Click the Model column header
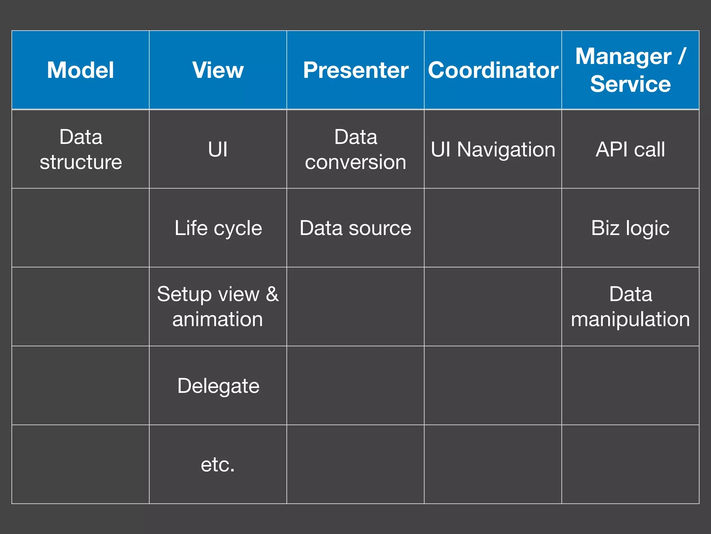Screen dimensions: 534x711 81,70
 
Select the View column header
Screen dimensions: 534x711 218,70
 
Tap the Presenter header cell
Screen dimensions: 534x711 355,70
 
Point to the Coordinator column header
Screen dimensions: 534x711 493,70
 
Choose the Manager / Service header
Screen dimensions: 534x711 630,70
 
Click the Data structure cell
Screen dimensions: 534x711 81,149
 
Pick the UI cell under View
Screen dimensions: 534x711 218,149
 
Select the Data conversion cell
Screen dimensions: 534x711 355,149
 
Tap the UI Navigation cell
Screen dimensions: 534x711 493,149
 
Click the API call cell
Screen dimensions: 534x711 630,149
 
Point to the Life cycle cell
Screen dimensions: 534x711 218,228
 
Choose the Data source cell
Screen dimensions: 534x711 355,228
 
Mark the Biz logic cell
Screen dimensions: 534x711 630,228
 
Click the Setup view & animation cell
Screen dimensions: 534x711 218,307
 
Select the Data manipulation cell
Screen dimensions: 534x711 630,307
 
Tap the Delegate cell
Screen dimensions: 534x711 218,386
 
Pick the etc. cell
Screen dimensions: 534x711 218,464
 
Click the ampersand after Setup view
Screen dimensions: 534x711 272,294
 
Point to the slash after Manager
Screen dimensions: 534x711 682,56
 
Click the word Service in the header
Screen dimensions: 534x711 630,84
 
